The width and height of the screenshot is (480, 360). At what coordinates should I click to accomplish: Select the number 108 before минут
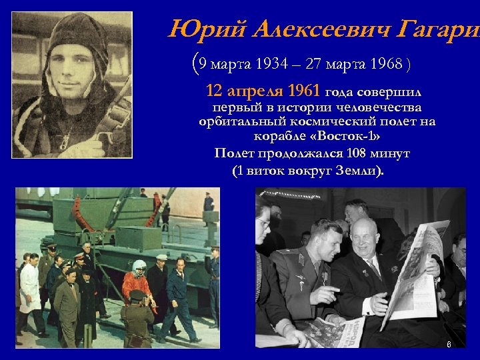[x=357, y=153]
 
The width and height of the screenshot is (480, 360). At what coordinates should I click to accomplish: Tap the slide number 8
[x=449, y=345]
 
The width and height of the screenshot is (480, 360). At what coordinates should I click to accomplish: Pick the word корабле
[x=277, y=136]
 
